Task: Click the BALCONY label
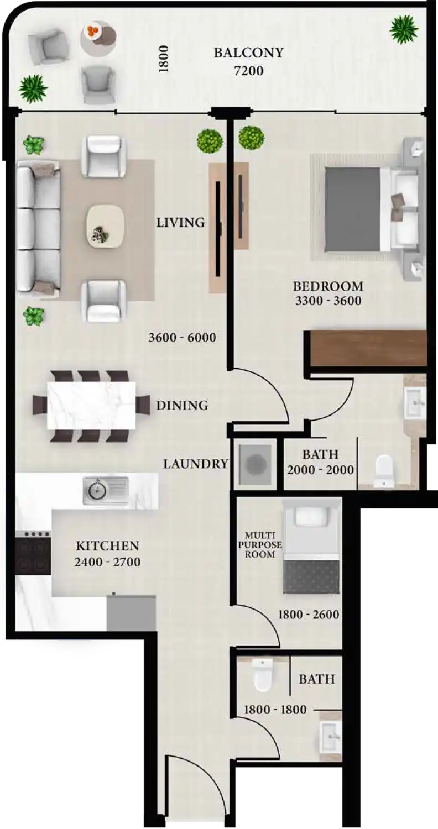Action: click(248, 53)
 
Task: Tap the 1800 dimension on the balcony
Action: click(163, 59)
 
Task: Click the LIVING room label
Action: click(180, 223)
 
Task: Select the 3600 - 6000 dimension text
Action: click(182, 338)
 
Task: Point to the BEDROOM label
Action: click(328, 286)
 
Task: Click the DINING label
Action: click(182, 405)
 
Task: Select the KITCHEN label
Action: click(107, 546)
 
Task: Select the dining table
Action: click(92, 405)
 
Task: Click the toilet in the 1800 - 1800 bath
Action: click(262, 675)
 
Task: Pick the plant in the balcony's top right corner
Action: click(404, 29)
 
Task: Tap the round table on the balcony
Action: click(98, 36)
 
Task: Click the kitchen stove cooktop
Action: click(33, 554)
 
